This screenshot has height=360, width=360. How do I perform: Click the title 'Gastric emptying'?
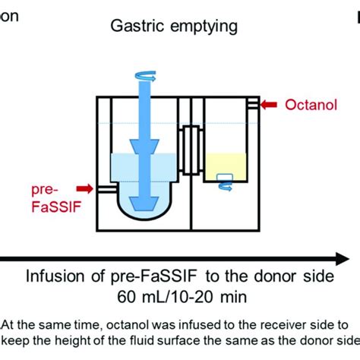(x=174, y=27)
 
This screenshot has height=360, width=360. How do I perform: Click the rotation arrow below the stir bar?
(x=226, y=187)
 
